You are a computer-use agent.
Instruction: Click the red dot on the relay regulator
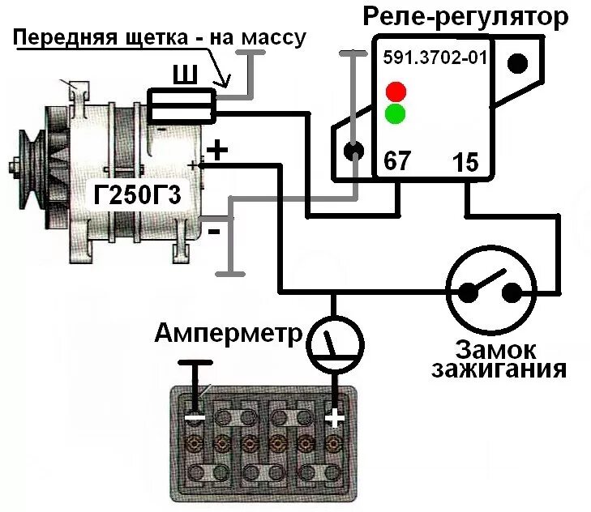[x=396, y=89]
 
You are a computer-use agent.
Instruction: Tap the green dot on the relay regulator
[x=396, y=113]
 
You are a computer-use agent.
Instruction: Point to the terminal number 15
[x=466, y=161]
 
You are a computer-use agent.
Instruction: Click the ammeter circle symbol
[x=333, y=343]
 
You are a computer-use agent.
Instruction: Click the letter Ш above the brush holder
[x=184, y=76]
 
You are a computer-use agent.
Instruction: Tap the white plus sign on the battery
[x=334, y=419]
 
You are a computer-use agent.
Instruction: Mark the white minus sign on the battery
[x=194, y=419]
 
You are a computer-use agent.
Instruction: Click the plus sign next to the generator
[x=216, y=150]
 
